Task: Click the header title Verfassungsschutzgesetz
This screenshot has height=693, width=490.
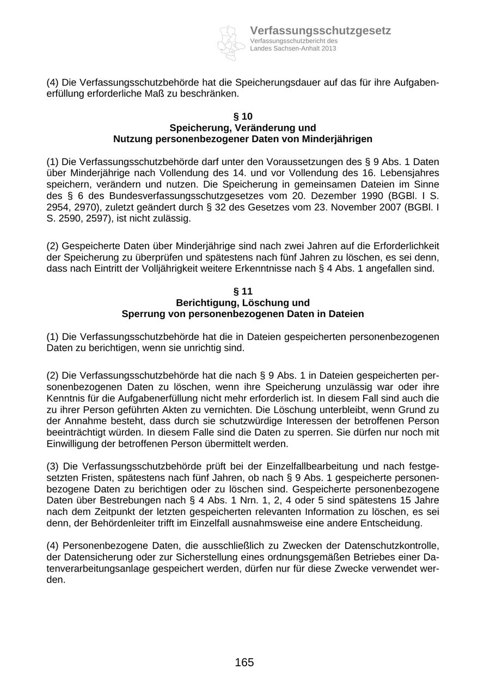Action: click(320, 31)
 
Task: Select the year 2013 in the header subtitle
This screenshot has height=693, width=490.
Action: click(328, 48)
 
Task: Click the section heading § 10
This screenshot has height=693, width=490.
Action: click(243, 117)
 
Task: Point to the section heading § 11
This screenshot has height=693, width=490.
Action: click(243, 291)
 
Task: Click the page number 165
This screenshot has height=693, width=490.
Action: click(244, 662)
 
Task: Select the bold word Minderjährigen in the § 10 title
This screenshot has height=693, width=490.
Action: click(338, 139)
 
